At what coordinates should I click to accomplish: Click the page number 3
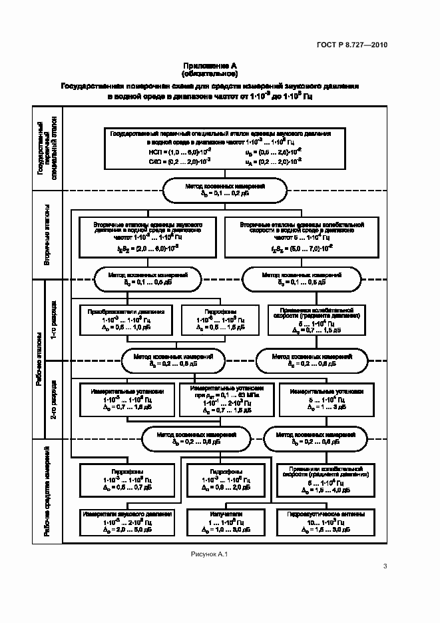click(385, 566)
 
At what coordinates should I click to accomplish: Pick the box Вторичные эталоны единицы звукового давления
click(147, 237)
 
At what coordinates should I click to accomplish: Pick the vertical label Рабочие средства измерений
click(48, 490)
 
